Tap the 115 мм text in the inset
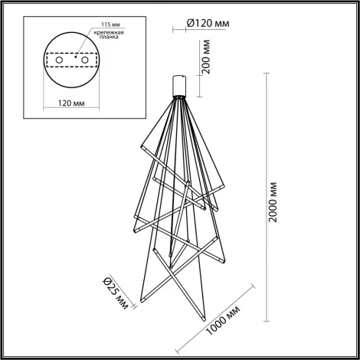99,25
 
